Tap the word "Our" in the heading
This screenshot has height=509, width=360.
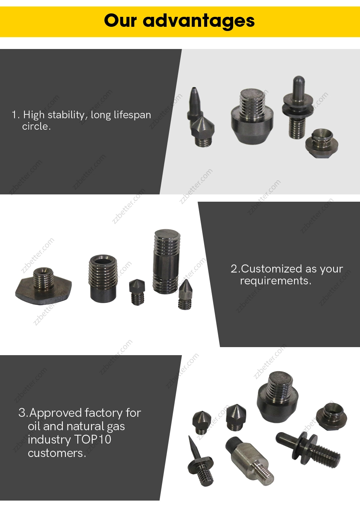(121, 20)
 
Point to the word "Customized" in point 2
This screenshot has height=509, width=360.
(272, 269)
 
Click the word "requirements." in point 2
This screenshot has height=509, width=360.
(276, 281)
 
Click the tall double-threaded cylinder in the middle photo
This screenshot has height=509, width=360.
(165, 261)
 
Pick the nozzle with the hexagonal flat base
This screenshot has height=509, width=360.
(43, 285)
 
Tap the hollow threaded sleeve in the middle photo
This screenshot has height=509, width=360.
(103, 279)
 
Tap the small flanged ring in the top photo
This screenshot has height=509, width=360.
(322, 143)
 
